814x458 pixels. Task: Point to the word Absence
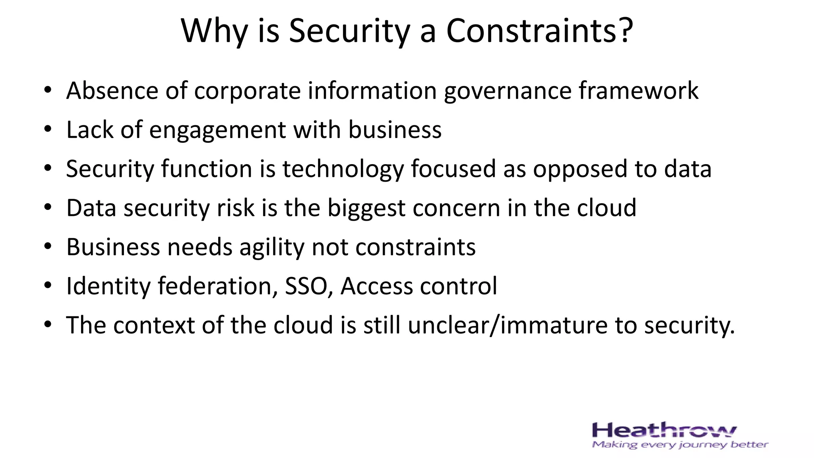tap(112, 91)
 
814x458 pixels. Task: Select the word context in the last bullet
tap(154, 326)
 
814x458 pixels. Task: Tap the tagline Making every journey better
tap(680, 445)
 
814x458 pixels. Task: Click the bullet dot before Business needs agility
tap(48, 247)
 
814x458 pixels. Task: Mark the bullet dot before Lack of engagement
tap(48, 130)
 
